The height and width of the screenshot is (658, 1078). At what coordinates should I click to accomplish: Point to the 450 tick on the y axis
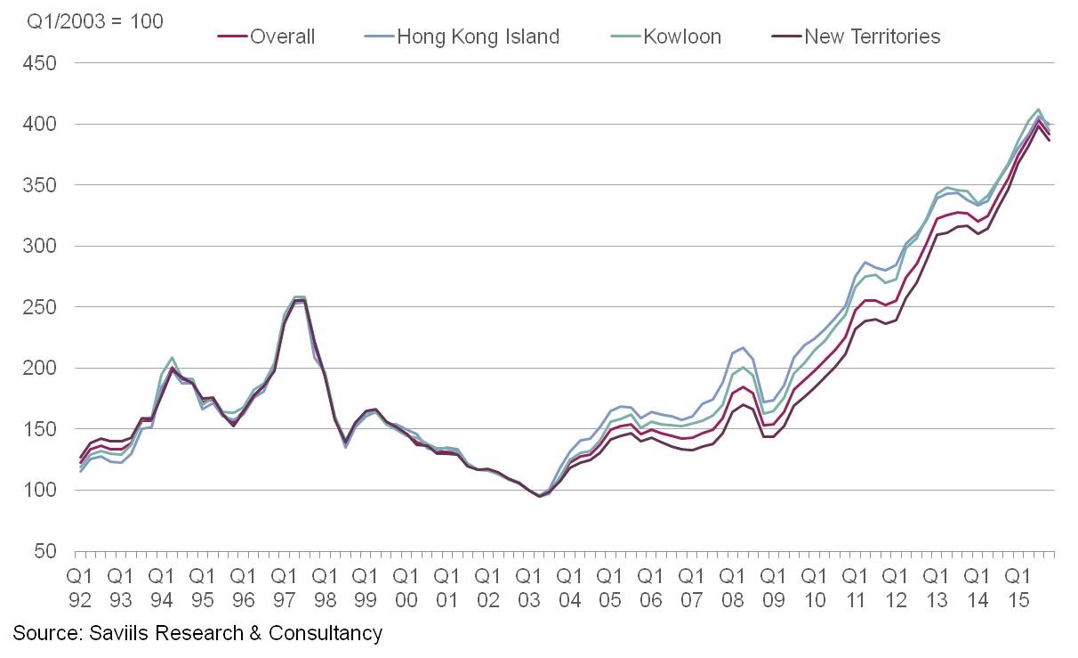click(42, 63)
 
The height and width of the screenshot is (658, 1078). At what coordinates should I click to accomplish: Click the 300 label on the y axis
click(42, 246)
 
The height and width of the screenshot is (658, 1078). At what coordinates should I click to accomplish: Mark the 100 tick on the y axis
click(42, 490)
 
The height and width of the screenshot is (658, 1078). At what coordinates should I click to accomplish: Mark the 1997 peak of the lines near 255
click(299, 299)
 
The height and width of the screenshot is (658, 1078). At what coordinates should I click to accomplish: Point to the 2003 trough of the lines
click(539, 495)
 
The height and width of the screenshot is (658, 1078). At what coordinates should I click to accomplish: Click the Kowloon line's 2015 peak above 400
click(1038, 109)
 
